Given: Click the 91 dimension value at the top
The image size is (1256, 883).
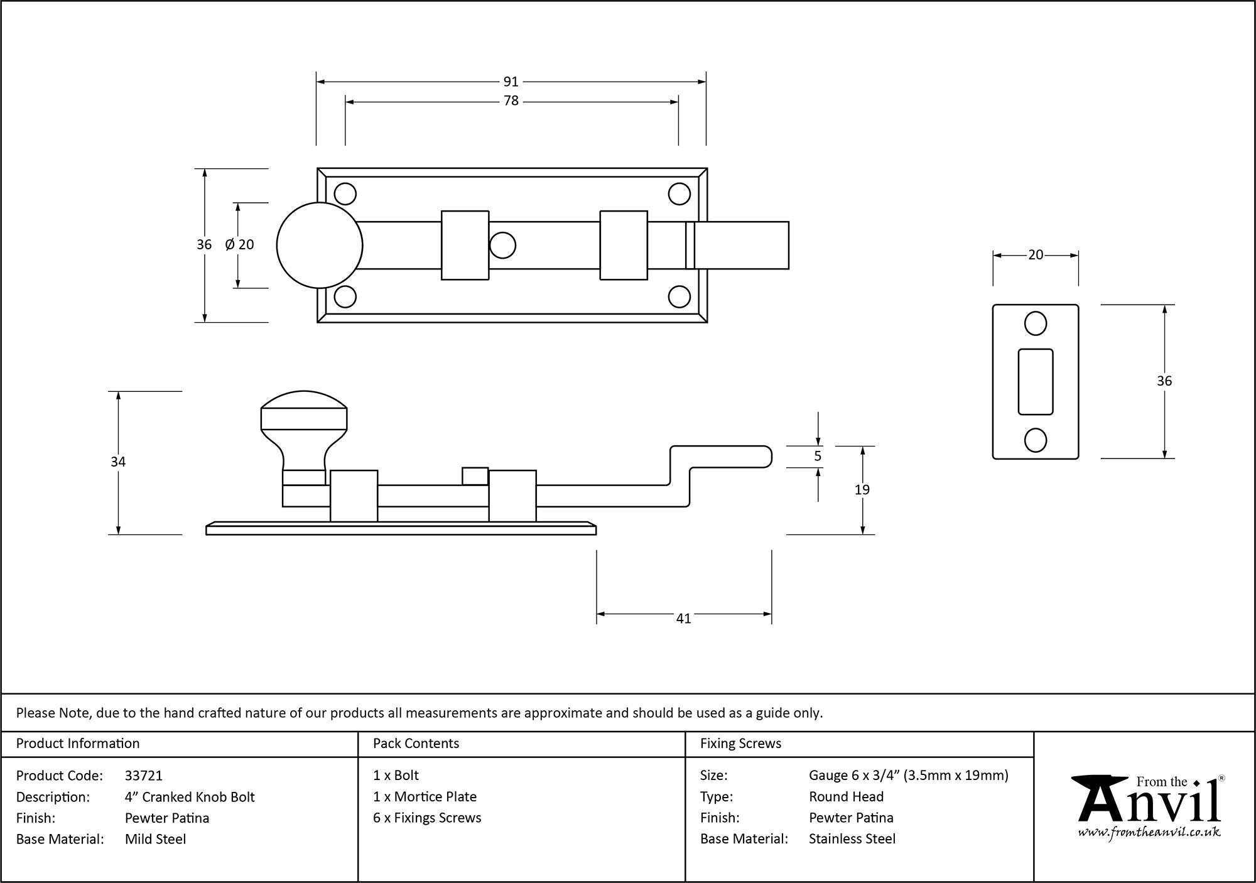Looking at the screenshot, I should pyautogui.click(x=511, y=82).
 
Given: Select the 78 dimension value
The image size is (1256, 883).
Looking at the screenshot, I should pyautogui.click(x=511, y=101).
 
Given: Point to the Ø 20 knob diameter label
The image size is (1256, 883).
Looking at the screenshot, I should pyautogui.click(x=239, y=245).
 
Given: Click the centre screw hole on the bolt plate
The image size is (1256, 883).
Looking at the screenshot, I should pyautogui.click(x=502, y=246).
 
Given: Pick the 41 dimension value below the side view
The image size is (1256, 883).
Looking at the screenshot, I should pyautogui.click(x=683, y=619).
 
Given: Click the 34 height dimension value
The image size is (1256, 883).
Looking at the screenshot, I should pyautogui.click(x=118, y=462).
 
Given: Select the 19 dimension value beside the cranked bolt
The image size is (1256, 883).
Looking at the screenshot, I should pyautogui.click(x=862, y=490).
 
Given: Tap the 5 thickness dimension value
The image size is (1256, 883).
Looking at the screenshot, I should pyautogui.click(x=817, y=457).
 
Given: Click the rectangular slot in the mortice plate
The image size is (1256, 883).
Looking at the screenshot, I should pyautogui.click(x=1035, y=382).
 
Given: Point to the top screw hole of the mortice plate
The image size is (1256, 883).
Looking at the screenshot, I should pyautogui.click(x=1035, y=324).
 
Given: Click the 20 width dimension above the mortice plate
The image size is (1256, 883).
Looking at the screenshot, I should pyautogui.click(x=1036, y=255).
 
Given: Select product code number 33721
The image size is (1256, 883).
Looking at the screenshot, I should pyautogui.click(x=144, y=776).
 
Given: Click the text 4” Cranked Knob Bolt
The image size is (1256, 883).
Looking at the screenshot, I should pyautogui.click(x=190, y=797).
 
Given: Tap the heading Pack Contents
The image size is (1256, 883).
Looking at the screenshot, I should pyautogui.click(x=416, y=744).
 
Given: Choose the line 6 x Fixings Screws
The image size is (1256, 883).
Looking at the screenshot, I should pyautogui.click(x=427, y=818).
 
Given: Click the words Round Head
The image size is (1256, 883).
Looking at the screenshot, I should pyautogui.click(x=846, y=797).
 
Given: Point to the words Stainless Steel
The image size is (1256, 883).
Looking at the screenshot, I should pyautogui.click(x=852, y=839).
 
